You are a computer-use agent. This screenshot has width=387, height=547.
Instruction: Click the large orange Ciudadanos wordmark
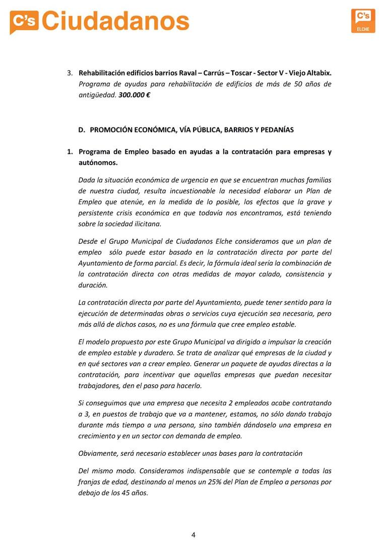pos(115,21)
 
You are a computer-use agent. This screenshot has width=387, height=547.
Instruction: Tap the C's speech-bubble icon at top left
pos(24,22)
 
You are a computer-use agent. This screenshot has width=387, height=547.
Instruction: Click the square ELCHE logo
pos(363,21)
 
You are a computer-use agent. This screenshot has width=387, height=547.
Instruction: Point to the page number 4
pos(193,534)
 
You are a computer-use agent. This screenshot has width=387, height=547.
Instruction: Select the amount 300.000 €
pos(135,95)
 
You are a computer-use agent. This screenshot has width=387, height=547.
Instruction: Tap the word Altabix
pos(318,73)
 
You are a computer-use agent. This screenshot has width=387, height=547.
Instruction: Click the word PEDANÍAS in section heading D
pos(275,129)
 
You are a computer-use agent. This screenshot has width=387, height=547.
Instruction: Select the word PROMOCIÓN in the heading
pos(113,129)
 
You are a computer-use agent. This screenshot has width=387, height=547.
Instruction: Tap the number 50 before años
pos(298,84)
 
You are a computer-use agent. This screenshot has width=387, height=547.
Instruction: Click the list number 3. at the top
pos(70,73)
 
